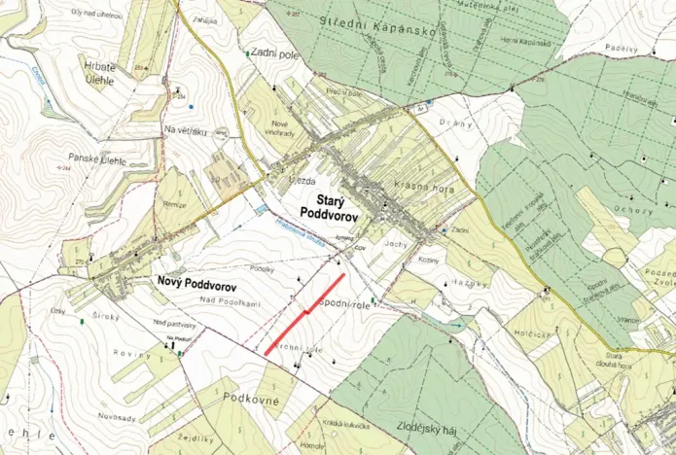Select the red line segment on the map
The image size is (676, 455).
pyautogui.click(x=304, y=314)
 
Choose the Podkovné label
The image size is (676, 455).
pyautogui.click(x=251, y=398)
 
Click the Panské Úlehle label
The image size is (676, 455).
pyautogui.click(x=95, y=157)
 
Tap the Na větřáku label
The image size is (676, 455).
pyautogui.click(x=186, y=129)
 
